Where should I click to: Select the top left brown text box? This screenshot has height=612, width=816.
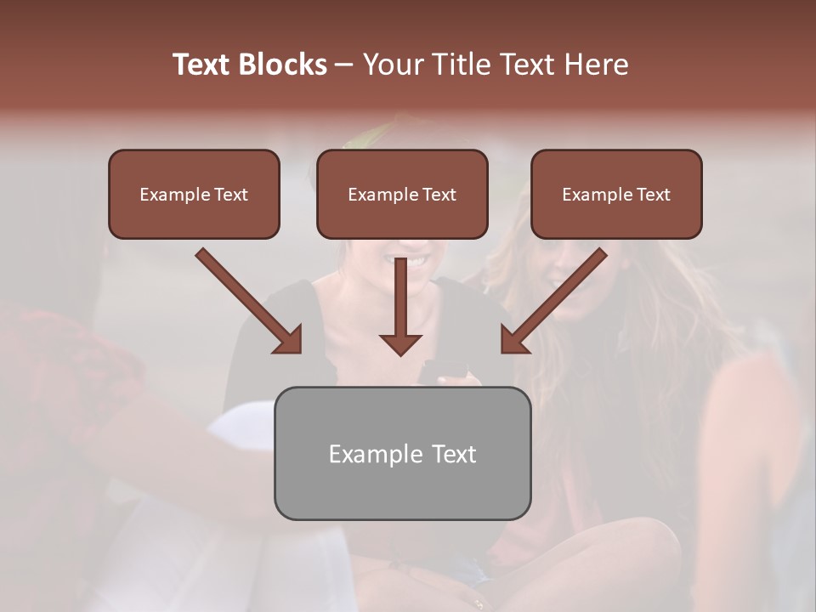pyautogui.click(x=194, y=195)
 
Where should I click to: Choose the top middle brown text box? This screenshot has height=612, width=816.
pyautogui.click(x=402, y=195)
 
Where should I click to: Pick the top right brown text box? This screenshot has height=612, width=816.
pyautogui.click(x=616, y=195)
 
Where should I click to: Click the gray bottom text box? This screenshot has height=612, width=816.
pyautogui.click(x=402, y=454)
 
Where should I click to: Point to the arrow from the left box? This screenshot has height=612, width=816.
pyautogui.click(x=246, y=299)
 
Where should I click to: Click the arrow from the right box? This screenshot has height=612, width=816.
pyautogui.click(x=556, y=299)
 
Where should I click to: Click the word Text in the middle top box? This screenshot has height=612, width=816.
pyautogui.click(x=439, y=195)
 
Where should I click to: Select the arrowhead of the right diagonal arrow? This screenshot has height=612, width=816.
pyautogui.click(x=513, y=340)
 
